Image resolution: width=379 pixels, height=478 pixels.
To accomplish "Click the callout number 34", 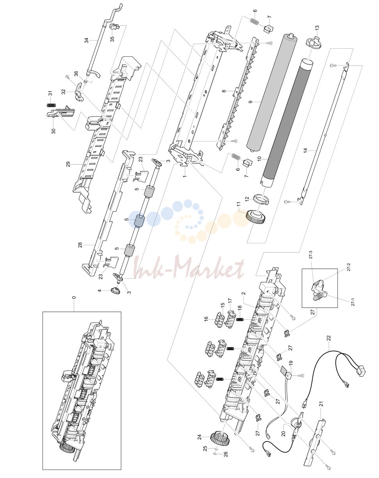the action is tap(87, 40).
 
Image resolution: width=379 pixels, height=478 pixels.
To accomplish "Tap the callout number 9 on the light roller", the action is tap(251, 102).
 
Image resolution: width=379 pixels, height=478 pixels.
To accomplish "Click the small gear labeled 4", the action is tap(115, 290).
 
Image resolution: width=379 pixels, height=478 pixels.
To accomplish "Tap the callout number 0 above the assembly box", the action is tap(74, 297).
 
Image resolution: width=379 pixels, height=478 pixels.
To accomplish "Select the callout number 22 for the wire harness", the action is tap(329, 338).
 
